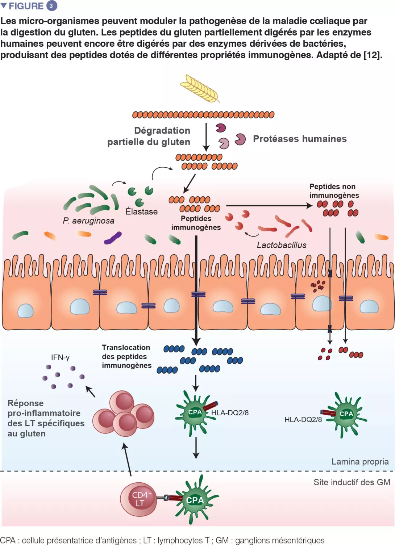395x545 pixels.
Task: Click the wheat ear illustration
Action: point(200,88)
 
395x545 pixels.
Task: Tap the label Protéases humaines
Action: point(300,139)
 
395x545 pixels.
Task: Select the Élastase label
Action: point(141,212)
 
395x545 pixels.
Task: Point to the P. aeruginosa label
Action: point(88,221)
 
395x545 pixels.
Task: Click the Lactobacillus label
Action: point(282,245)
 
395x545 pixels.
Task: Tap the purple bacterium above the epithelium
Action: point(113,238)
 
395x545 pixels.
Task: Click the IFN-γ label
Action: point(60,357)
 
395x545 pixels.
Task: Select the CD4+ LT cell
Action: point(139,499)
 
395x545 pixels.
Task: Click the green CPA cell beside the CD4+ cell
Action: point(196,500)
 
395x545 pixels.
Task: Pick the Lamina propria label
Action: point(360,462)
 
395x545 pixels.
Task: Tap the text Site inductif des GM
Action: point(352,482)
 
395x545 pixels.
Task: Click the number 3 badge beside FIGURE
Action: point(51,6)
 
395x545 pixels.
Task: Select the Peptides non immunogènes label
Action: point(334,191)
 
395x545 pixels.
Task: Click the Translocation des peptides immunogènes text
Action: point(126,356)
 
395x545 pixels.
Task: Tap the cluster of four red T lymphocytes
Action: point(124,413)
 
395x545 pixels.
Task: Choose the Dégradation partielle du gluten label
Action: point(149,136)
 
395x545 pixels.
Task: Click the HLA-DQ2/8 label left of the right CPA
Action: point(303,420)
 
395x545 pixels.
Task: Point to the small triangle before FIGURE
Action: point(4,5)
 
